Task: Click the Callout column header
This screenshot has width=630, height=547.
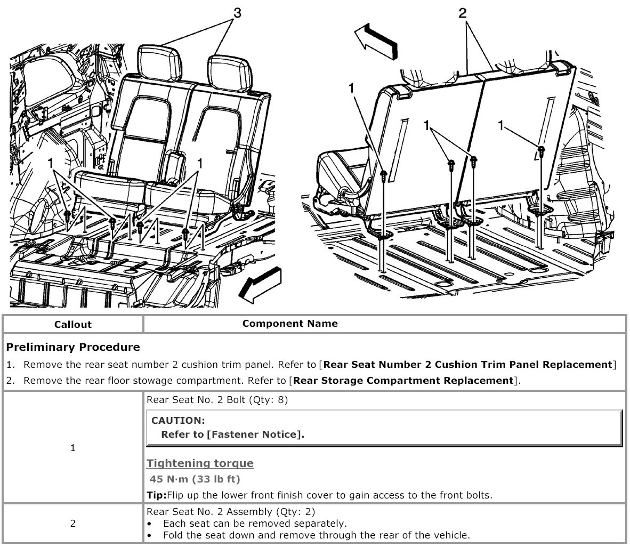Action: pos(73,324)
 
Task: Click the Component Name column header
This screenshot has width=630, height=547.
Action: pos(290,324)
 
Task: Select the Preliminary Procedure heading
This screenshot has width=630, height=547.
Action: pos(73,347)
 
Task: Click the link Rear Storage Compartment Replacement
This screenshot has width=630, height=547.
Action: pos(403,380)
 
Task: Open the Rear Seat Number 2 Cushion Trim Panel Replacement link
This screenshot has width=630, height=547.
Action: pos(468,365)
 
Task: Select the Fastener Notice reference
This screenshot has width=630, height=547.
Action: pos(255,434)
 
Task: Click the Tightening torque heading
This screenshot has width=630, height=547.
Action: pos(200,463)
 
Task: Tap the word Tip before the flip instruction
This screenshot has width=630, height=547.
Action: pos(156,495)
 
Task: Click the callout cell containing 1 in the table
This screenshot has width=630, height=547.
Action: pos(73,448)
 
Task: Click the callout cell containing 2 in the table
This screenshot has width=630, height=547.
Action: pos(73,523)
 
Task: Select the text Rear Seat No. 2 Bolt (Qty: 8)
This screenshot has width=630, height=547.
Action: pos(217,400)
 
